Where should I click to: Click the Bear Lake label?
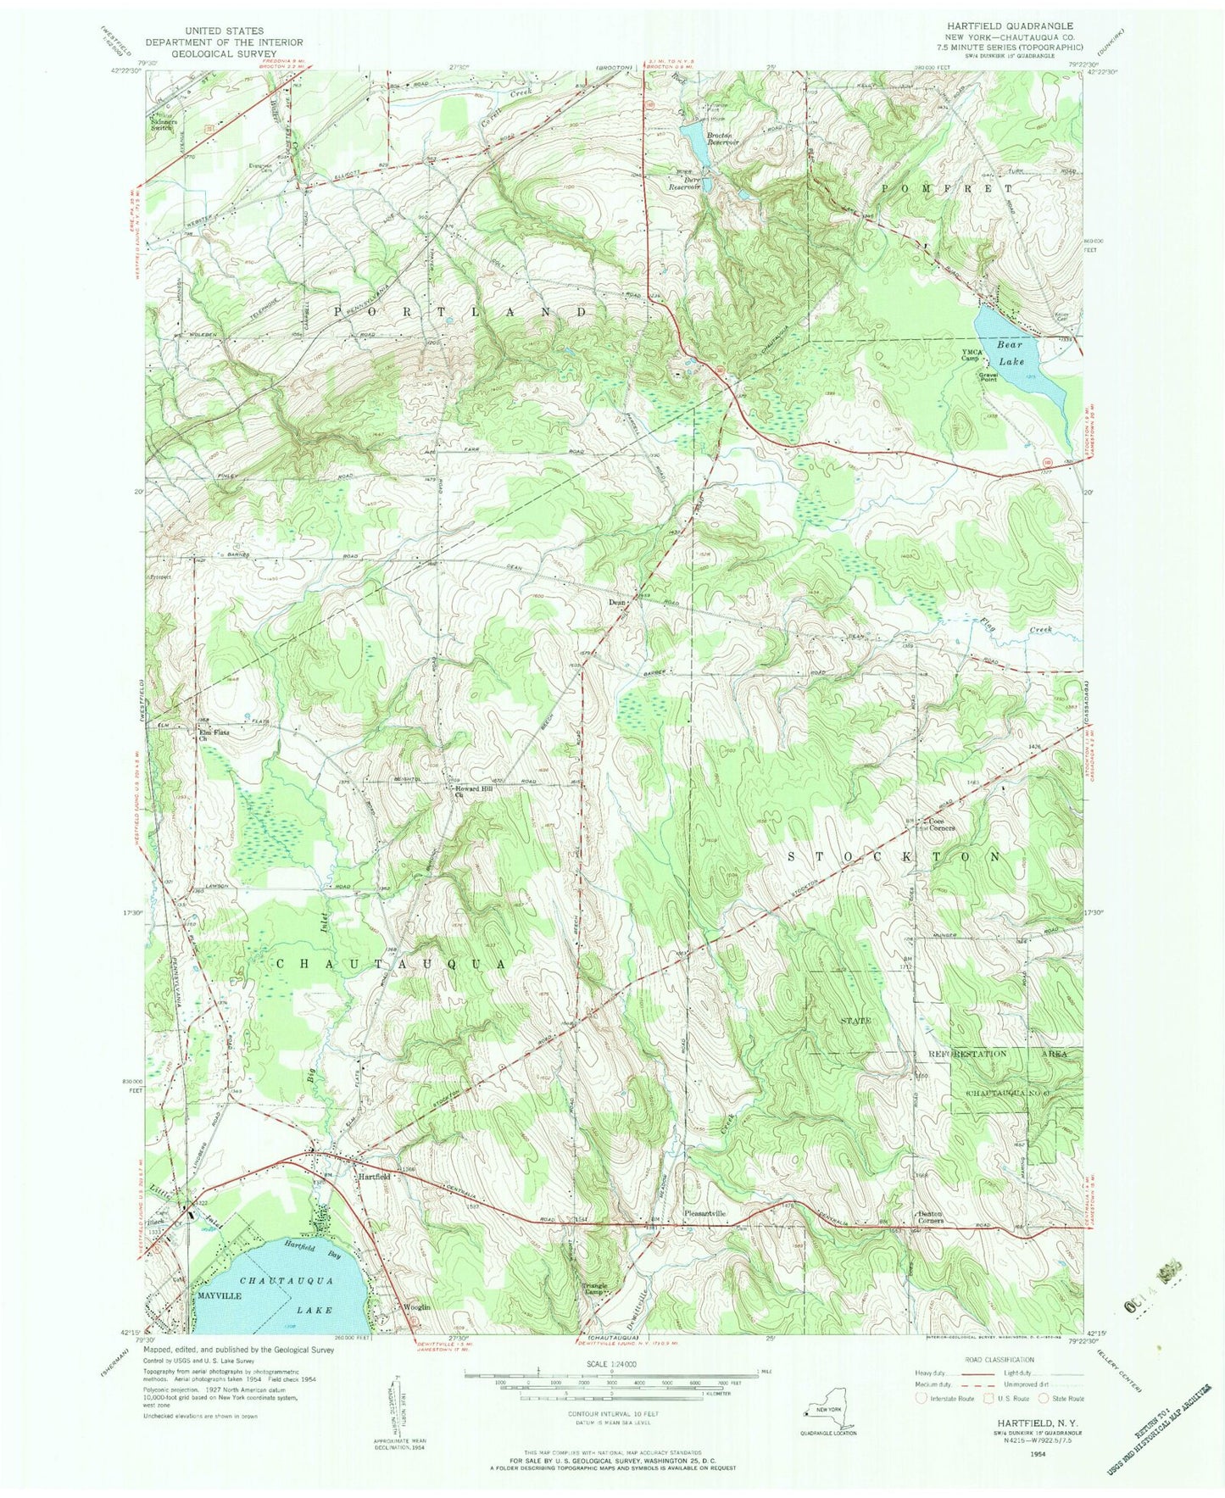coord(1010,353)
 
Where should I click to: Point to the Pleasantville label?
coord(705,1214)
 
